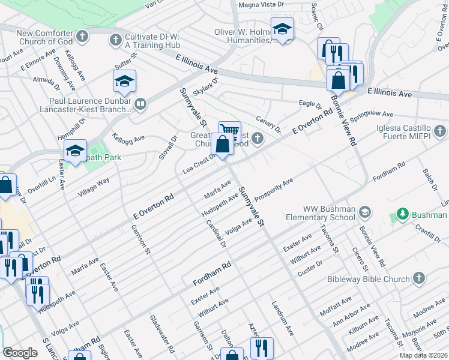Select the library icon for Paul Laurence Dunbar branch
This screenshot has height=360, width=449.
pos(140,105)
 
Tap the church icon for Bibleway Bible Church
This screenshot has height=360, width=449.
pos(418,279)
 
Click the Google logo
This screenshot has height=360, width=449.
pos(20,353)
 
